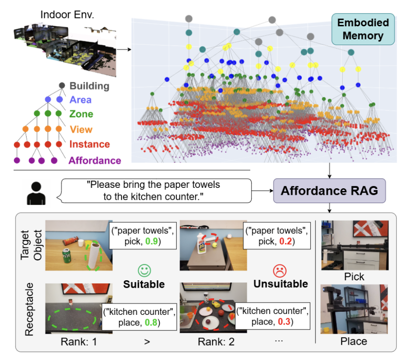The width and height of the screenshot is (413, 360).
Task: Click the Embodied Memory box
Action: point(363,29)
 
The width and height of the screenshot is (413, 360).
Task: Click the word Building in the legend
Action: point(90,85)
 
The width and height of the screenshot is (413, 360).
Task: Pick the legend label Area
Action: point(80,100)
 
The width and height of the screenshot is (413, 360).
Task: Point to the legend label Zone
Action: point(81,114)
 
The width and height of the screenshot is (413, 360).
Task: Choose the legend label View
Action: point(81,129)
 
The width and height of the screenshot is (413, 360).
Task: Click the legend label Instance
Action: point(89,144)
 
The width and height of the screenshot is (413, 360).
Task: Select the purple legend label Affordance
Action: point(94,160)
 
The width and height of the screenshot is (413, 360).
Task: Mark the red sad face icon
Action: point(280,268)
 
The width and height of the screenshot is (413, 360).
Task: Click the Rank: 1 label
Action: point(79,342)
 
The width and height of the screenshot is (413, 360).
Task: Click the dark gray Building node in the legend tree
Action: point(62,85)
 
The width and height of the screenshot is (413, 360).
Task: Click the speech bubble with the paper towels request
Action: point(156,191)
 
